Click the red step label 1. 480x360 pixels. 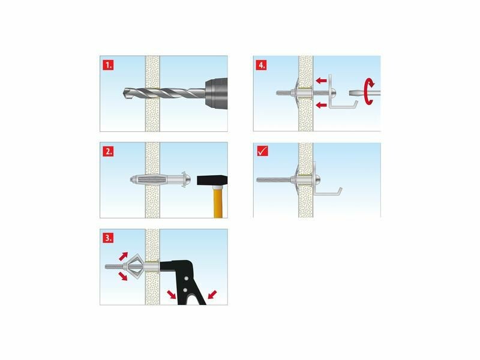(x=108, y=65)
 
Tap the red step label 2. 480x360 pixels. (x=108, y=152)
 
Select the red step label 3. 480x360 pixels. (x=108, y=238)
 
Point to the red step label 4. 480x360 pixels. (x=261, y=65)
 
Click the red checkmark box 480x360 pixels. (x=262, y=151)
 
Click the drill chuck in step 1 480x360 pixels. (x=217, y=94)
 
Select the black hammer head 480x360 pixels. (x=212, y=181)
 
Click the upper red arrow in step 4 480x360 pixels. (x=321, y=81)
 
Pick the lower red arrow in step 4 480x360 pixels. (x=321, y=106)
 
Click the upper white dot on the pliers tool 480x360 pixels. (x=185, y=278)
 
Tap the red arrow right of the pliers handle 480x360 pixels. (x=212, y=295)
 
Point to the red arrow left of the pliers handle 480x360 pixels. (x=172, y=295)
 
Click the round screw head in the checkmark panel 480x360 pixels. (x=318, y=178)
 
